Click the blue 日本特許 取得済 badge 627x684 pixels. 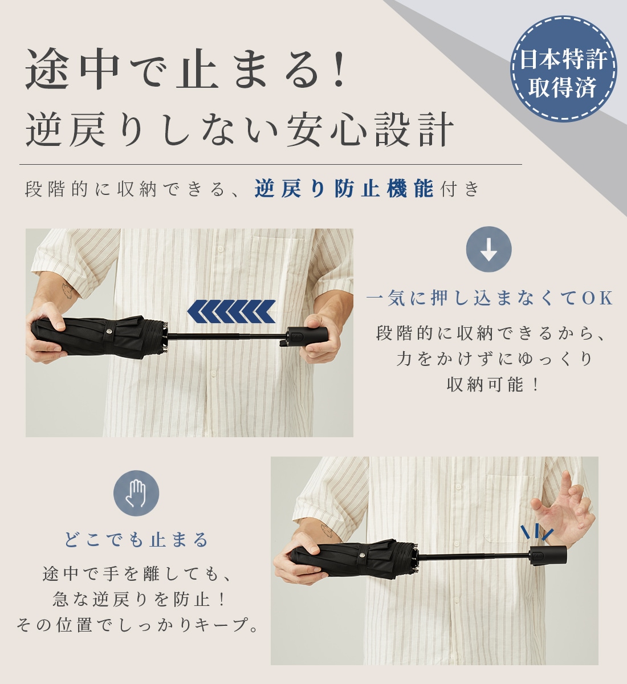coord(564,68)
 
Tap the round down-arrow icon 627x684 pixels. coord(489,249)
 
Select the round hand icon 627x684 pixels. coord(136,493)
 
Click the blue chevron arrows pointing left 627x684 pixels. coord(231,311)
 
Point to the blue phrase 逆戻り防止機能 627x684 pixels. coord(344,188)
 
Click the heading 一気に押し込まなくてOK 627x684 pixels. coord(490,298)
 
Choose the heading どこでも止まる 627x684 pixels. coord(136,540)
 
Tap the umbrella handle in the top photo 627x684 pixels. coord(307,337)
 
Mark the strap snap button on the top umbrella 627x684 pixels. coord(110,331)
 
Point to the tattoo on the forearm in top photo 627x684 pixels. coord(67,291)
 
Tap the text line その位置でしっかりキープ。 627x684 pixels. coord(138,624)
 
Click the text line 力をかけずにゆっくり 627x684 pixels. coord(494,359)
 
